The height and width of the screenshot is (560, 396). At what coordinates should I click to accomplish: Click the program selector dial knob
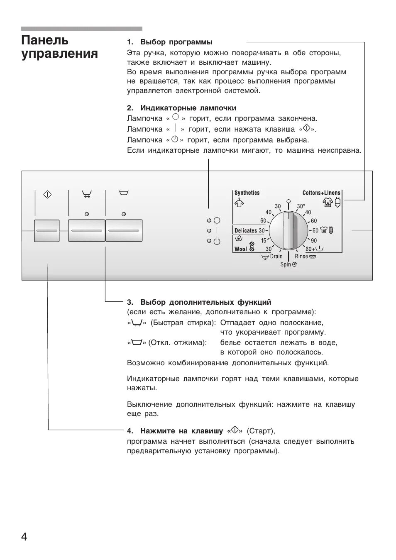point(288,231)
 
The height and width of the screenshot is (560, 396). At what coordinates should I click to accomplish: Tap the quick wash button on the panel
point(86,231)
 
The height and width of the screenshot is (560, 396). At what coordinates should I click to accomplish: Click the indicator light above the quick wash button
point(86,214)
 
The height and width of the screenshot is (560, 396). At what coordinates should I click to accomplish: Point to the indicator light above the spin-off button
point(124,214)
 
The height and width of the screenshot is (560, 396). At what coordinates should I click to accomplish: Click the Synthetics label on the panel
point(247,193)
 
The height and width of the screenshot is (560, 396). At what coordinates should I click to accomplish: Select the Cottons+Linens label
point(321,193)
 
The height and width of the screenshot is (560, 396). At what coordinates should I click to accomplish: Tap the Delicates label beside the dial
point(245,230)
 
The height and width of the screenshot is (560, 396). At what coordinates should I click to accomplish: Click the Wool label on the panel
point(241,249)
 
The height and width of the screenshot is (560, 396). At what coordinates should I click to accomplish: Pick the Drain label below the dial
point(276,257)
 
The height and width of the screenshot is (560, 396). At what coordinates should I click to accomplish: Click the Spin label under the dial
point(286,264)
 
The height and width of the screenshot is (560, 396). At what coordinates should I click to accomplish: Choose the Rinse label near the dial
point(301,257)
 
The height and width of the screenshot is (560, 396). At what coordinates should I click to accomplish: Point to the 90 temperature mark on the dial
point(314,241)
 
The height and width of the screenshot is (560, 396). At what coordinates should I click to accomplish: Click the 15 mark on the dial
point(264,241)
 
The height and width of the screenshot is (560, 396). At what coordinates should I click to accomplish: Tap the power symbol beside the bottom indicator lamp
point(217,241)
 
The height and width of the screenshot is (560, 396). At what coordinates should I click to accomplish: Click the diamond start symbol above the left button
point(47,194)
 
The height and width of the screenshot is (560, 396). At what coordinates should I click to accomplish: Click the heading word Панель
point(45,40)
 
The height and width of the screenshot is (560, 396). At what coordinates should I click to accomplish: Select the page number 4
point(24,537)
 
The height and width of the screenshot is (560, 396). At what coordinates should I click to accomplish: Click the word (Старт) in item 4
point(261,431)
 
